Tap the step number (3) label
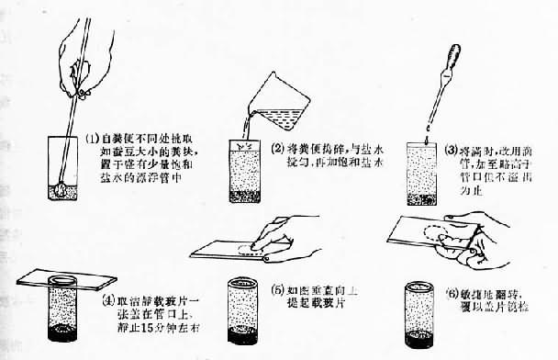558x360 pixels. pyautogui.click(x=452, y=148)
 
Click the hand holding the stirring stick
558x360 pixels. pyautogui.click(x=79, y=46)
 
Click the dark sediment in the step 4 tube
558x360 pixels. pyautogui.click(x=61, y=328)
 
